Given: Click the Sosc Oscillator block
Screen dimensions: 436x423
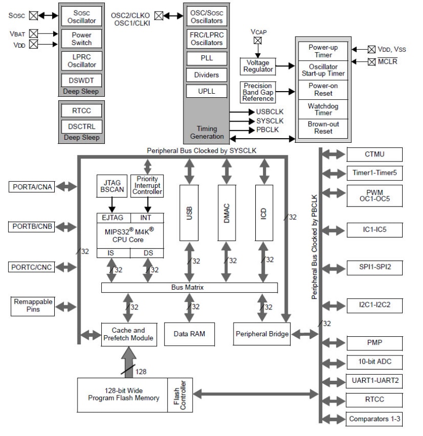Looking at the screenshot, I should [x=82, y=16].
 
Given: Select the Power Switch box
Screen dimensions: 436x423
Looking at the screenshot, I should [x=82, y=38].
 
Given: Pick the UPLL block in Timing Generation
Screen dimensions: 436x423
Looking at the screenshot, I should [x=206, y=91].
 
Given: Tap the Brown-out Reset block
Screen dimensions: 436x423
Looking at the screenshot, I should [x=323, y=128].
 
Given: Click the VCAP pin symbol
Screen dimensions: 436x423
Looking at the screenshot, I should [x=257, y=40].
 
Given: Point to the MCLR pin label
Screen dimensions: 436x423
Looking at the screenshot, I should [x=388, y=62].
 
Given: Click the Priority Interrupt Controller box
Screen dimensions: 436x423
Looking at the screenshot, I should [x=147, y=185].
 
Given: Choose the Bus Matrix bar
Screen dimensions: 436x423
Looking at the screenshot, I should [x=189, y=288].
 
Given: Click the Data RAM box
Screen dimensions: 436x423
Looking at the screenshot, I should [x=189, y=335].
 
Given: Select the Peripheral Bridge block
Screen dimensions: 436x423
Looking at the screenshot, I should [x=262, y=335].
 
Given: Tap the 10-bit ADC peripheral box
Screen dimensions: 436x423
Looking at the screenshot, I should [x=374, y=362].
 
